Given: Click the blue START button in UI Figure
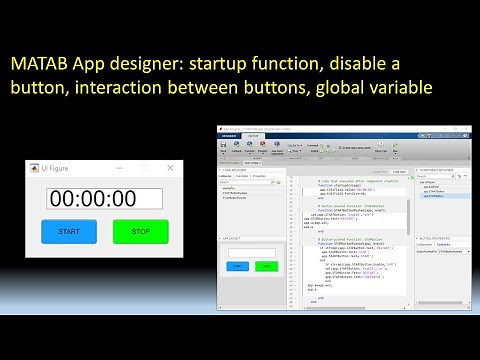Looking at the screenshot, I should pos(69,231).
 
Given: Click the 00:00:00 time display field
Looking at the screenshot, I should pos(106,198).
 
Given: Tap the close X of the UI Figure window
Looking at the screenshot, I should pos(171,168).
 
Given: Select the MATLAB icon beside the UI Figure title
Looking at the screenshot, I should pos(35,168).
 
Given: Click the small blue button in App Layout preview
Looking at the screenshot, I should pos(238,266).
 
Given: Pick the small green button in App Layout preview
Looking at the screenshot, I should pos(264,266).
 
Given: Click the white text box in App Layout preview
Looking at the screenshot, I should pos(251,253).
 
